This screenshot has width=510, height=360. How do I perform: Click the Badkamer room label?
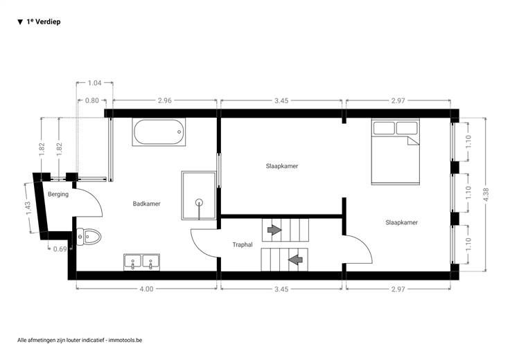(146, 204)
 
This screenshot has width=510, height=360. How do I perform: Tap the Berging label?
(58, 195)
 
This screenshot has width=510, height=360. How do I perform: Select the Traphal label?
(243, 244)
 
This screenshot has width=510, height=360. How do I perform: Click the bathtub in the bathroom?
(159, 132)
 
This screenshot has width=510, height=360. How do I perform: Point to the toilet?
(89, 236)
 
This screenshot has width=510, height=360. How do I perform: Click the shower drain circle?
(199, 202)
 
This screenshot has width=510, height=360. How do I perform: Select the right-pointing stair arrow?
(274, 230)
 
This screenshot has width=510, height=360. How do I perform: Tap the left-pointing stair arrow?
(295, 260)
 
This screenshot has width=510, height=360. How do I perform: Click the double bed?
(396, 152)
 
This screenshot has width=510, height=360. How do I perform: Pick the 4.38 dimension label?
(486, 195)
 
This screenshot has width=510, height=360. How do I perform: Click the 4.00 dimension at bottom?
(146, 289)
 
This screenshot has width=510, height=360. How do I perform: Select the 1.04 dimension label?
(94, 83)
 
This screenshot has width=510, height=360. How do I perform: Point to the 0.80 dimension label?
(91, 100)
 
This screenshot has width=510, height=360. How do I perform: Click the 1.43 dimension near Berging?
(28, 208)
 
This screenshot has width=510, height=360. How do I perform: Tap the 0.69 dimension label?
(60, 249)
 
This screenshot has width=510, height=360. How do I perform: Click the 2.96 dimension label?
(165, 100)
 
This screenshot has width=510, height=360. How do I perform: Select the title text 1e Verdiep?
(44, 21)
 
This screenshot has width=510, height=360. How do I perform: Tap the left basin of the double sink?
(133, 262)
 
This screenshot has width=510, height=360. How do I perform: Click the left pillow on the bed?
(384, 127)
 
